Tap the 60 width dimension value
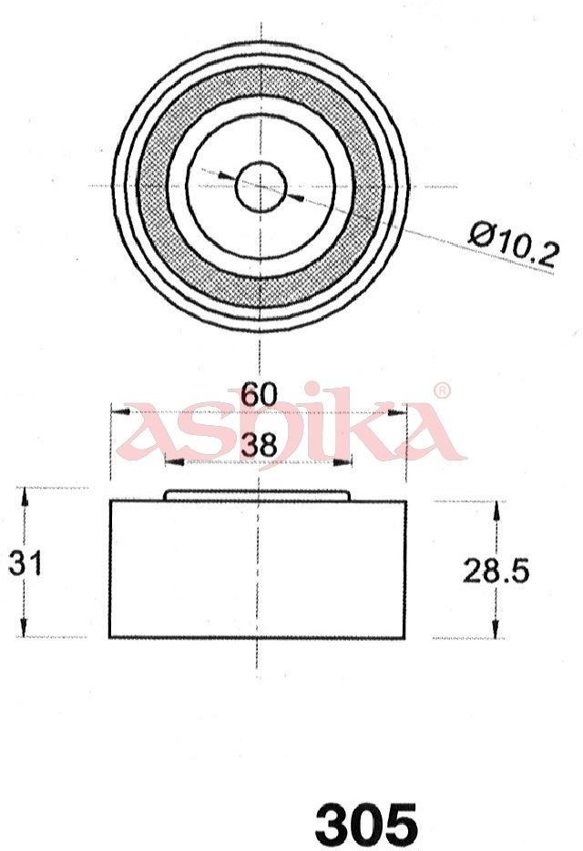[x=260, y=395]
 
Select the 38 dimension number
[x=260, y=445]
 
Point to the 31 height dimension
[x=25, y=563]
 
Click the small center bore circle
[x=261, y=187]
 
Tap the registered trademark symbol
[x=444, y=390]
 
